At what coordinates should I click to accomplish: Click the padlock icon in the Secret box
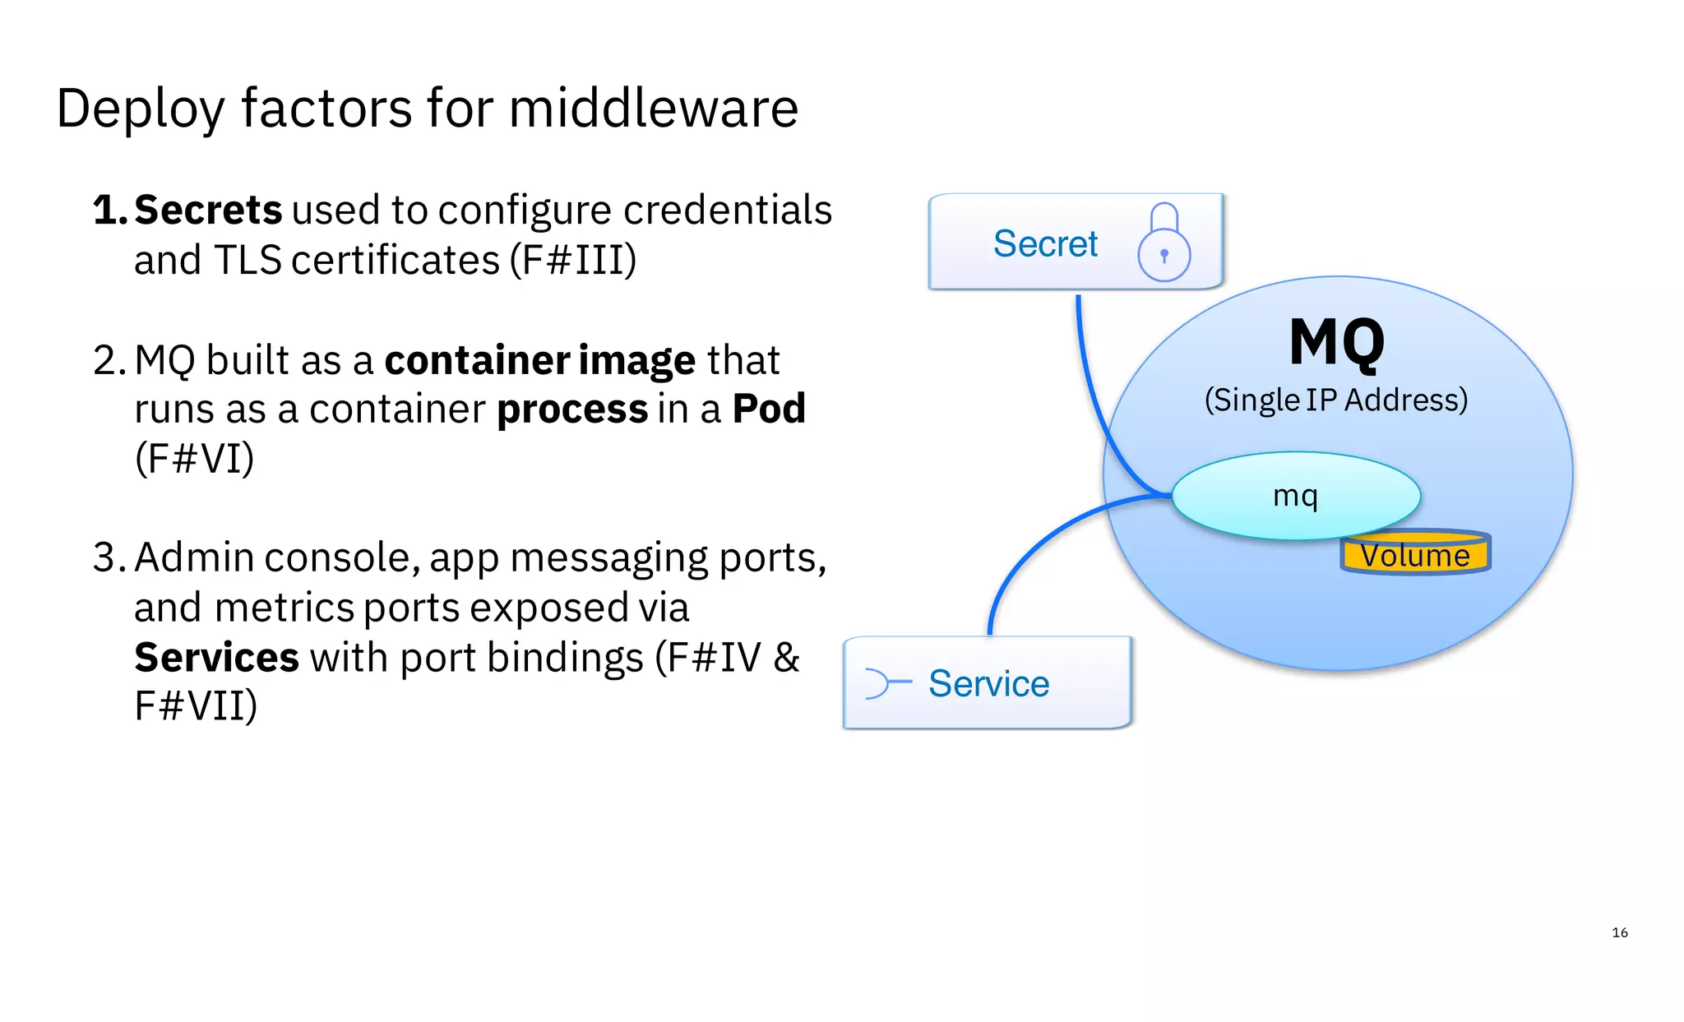[1164, 244]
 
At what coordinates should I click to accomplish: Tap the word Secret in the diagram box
[1045, 243]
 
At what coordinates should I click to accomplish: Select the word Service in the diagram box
[988, 683]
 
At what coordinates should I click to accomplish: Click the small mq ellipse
[1295, 495]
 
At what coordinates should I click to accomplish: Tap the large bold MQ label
[1336, 342]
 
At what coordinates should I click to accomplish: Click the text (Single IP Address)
[1335, 400]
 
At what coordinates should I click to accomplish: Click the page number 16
[1619, 932]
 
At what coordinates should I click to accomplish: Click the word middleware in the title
[653, 109]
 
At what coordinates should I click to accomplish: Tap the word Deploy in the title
[140, 109]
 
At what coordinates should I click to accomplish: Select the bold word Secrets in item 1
[208, 210]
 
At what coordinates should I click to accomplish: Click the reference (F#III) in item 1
[572, 261]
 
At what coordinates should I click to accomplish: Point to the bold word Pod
[769, 409]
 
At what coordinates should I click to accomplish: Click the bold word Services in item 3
[216, 658]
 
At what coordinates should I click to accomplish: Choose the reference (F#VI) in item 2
[194, 459]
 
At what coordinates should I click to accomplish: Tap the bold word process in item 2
[572, 409]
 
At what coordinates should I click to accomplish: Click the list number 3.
[105, 557]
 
